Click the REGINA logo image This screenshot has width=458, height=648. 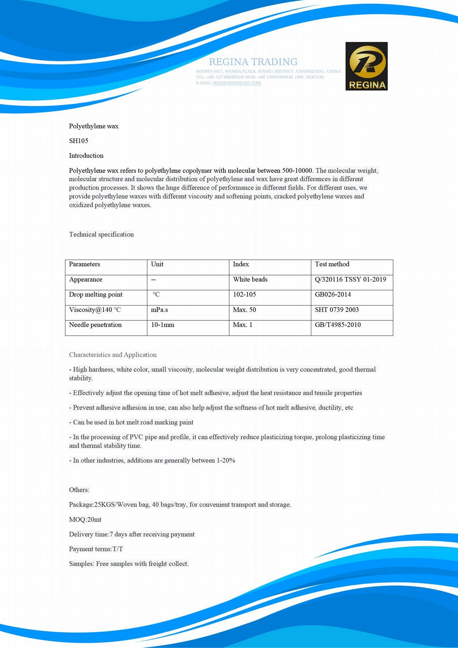tap(366, 66)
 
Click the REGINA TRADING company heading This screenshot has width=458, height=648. tap(253, 62)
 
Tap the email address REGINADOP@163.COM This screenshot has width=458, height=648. tap(237, 83)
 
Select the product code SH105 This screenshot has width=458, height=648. tap(78, 141)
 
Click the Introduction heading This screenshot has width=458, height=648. tap(86, 156)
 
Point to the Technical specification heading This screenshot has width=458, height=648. tap(101, 234)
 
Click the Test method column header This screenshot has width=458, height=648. tap(332, 264)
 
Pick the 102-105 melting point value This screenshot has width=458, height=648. tap(244, 295)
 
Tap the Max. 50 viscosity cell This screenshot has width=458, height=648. tap(244, 310)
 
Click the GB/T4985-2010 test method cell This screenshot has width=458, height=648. tap(338, 325)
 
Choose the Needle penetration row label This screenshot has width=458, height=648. tap(95, 325)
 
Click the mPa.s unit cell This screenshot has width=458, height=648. tap(159, 310)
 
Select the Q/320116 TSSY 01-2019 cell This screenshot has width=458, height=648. tap(350, 279)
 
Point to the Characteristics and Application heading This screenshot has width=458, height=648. tap(113, 355)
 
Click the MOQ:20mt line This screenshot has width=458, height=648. tap(85, 520)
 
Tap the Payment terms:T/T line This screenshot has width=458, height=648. tap(96, 549)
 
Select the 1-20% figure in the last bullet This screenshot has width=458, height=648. tap(226, 460)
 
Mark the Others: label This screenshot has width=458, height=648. tap(79, 490)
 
